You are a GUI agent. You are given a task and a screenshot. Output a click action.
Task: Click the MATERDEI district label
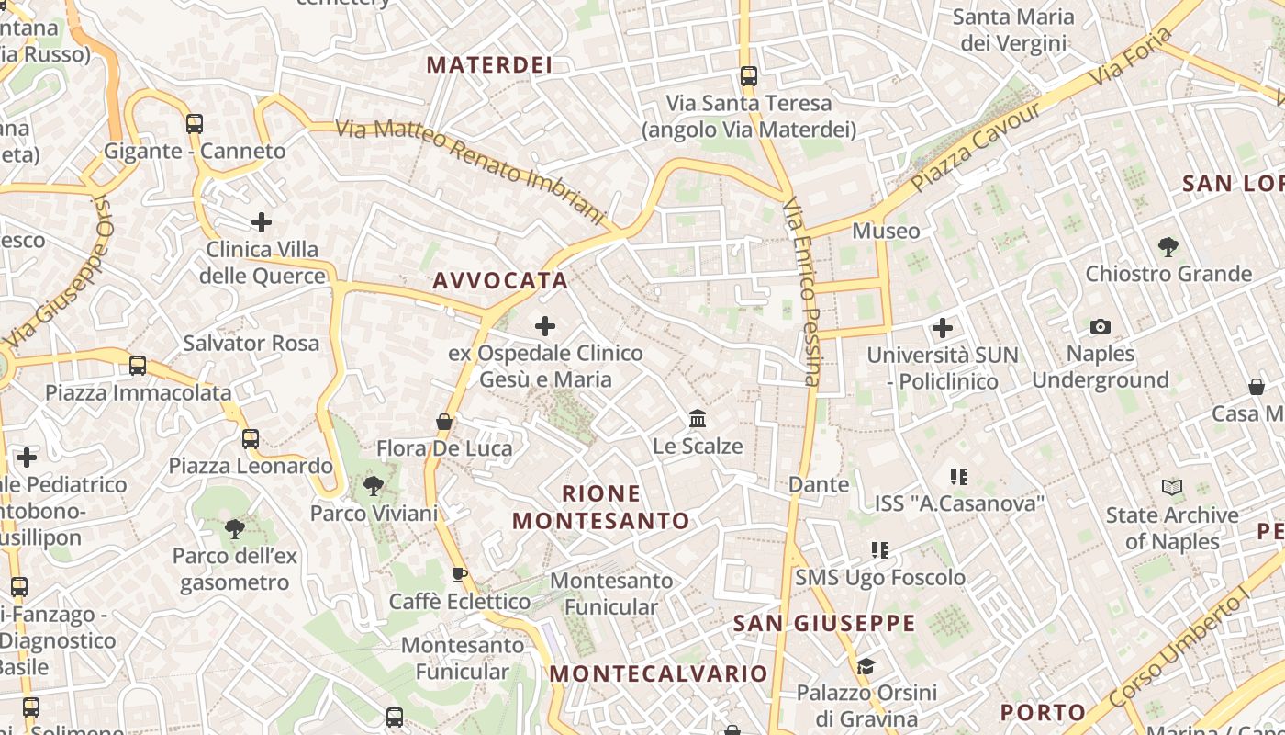490,64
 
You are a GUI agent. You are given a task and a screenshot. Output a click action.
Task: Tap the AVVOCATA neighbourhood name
500,280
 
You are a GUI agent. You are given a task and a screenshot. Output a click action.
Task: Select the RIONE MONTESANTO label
600,507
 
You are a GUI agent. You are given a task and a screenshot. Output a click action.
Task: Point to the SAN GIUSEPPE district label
824,624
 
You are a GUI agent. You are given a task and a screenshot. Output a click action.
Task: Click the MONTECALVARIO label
659,673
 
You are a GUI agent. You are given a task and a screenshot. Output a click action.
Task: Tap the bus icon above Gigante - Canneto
194,124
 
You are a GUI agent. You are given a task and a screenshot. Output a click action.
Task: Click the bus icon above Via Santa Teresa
749,76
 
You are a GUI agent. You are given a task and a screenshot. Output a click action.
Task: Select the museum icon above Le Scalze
698,419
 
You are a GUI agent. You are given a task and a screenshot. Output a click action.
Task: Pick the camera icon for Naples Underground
1100,326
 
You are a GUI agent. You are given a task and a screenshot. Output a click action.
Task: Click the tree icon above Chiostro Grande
1168,246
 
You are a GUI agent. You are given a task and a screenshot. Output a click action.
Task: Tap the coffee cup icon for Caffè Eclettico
460,575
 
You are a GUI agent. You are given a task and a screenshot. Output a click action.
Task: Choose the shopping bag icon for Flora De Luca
444,422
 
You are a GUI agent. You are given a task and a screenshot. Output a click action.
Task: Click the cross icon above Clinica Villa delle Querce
262,222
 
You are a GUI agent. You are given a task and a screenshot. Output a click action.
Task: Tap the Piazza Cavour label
978,146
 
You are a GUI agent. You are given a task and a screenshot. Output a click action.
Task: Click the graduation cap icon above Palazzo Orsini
865,665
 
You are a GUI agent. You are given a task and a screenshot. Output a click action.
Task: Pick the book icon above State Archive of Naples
1172,488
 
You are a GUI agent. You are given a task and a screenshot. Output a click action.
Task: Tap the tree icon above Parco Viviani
373,485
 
